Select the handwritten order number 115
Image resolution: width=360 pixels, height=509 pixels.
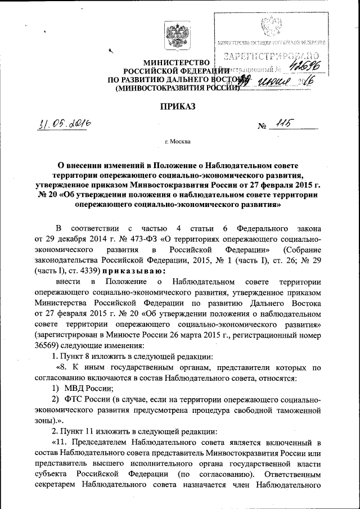280,126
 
